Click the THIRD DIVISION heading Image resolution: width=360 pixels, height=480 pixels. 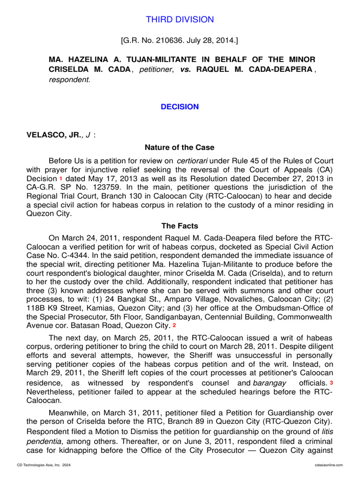click(180, 20)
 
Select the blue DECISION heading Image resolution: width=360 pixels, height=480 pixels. click(180, 107)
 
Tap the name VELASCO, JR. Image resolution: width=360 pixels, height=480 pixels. click(51, 135)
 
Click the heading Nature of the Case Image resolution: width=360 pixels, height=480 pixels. click(180, 148)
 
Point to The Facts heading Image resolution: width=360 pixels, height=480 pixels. click(180, 226)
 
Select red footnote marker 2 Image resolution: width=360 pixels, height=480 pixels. click(174, 325)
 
